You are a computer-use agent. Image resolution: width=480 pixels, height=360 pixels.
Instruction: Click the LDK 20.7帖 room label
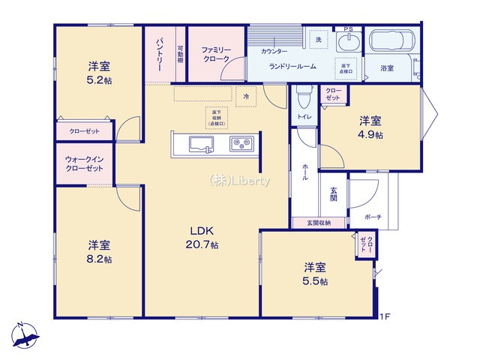tap(202, 238)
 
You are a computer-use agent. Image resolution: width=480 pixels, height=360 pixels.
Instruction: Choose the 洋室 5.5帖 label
tap(315, 274)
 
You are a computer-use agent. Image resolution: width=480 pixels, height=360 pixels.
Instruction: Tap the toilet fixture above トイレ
tap(302, 96)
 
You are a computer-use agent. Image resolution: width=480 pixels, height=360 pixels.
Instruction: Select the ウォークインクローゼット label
tap(83, 164)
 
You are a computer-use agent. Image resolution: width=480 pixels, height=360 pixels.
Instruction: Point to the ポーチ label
tap(373, 217)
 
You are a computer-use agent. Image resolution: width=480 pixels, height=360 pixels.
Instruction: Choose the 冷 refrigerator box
tap(245, 96)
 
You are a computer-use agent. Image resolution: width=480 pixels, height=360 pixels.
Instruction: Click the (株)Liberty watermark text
tap(240, 180)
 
